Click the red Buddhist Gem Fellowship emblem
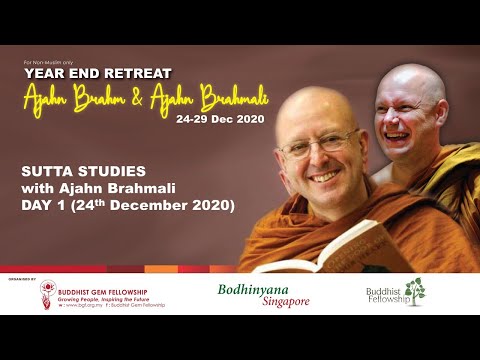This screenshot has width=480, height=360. (x=48, y=292)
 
